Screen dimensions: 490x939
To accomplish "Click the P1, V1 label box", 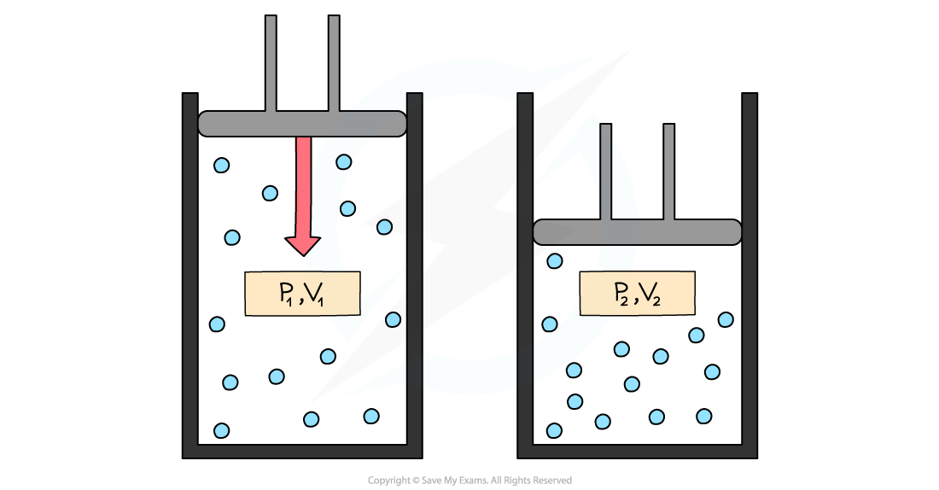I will [302, 294].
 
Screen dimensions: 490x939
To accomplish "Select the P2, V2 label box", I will [637, 294].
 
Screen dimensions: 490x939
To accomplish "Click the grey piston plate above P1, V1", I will [302, 124].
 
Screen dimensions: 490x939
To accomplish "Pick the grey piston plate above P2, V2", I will [637, 232].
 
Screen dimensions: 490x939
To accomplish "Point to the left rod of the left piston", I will [271, 64].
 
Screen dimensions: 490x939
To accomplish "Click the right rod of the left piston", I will [334, 64].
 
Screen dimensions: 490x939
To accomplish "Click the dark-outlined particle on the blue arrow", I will [343, 162].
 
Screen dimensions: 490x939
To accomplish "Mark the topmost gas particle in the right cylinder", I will [555, 260].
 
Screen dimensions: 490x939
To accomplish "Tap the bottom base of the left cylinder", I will [302, 451].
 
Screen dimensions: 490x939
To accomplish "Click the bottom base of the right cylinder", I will [637, 451].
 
